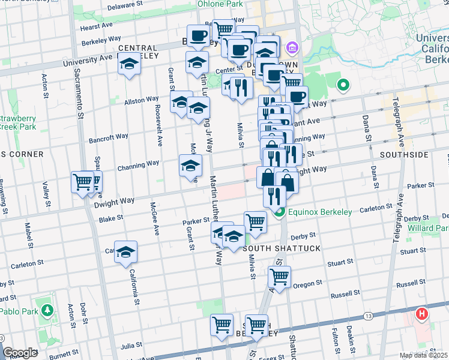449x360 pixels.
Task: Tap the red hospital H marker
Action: tap(422, 314)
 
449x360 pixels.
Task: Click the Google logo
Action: tap(20, 353)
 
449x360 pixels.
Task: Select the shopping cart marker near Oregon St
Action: tap(280, 277)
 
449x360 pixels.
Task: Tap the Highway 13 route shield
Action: tap(367, 316)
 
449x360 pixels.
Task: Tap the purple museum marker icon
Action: tap(293, 47)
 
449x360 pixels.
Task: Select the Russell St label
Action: tap(345, 295)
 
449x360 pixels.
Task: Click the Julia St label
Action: tap(131, 346)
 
